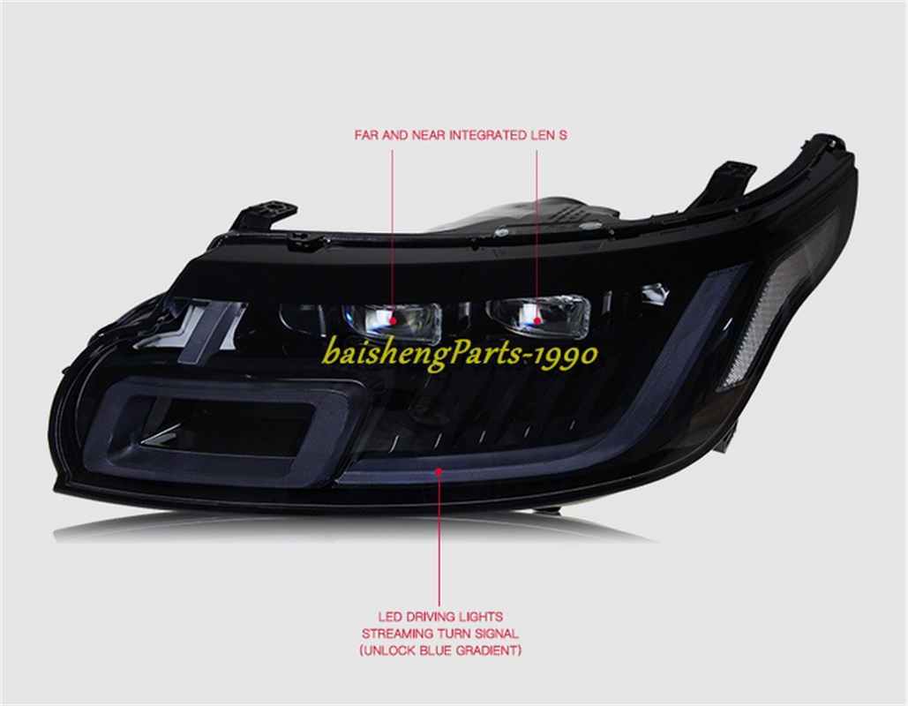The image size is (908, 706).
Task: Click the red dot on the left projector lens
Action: [393, 321]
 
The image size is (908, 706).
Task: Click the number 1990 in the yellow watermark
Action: [566, 354]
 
